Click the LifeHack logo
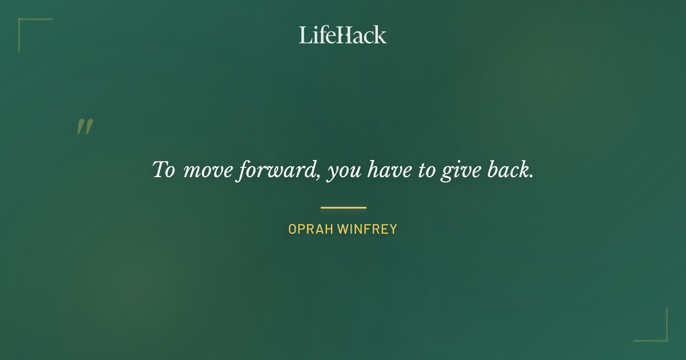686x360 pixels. click(343, 35)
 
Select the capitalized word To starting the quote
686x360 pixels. click(163, 170)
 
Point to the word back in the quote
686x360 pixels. click(510, 170)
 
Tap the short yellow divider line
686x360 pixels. click(343, 207)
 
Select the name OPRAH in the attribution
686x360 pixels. click(310, 230)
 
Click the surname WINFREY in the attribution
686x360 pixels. click(367, 230)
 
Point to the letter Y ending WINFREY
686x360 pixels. click(393, 230)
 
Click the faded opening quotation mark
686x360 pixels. click(85, 127)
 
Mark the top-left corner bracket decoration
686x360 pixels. click(23, 23)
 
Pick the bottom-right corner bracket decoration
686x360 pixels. click(663, 337)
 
